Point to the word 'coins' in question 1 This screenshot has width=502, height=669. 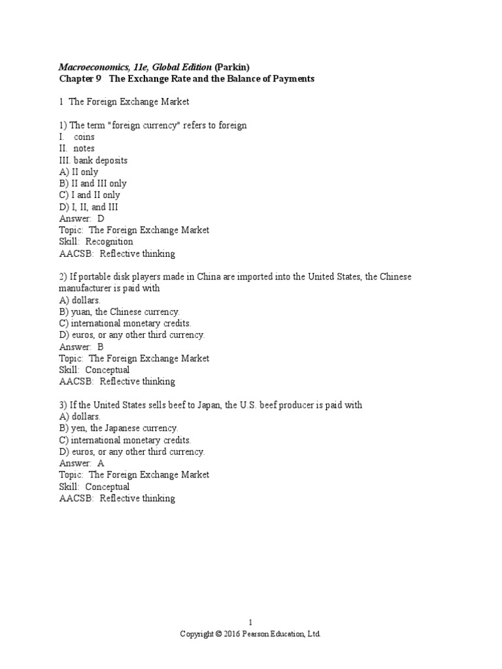tap(84, 137)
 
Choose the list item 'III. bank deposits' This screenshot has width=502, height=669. tap(93, 160)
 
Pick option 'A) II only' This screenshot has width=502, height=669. tap(78, 172)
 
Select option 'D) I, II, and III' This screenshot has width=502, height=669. tap(88, 207)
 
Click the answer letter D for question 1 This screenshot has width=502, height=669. tap(101, 219)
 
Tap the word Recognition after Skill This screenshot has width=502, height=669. tap(110, 242)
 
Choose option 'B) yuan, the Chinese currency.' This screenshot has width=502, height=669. tap(119, 312)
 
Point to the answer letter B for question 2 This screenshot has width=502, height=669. tap(101, 347)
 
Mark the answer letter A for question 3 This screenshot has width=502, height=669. tap(101, 463)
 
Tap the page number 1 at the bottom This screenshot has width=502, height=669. tap(250, 623)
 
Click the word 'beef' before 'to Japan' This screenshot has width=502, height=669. tap(178, 405)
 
